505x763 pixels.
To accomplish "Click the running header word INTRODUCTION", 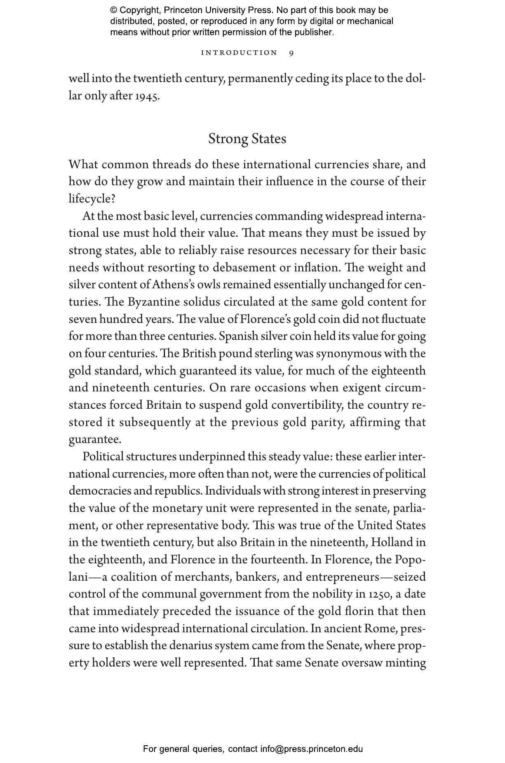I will coord(239,53).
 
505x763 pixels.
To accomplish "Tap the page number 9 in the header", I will coord(291,53).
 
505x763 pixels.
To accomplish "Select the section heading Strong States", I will coord(247,139).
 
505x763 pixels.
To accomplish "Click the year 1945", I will coord(147,96).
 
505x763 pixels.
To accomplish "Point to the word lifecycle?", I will coord(92,199).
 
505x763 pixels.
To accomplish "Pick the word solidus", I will coord(202,302).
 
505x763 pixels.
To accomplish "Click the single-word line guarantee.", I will coord(95,440).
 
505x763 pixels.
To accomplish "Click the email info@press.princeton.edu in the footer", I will coord(311,749).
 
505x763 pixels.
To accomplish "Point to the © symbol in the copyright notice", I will coord(114,10).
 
